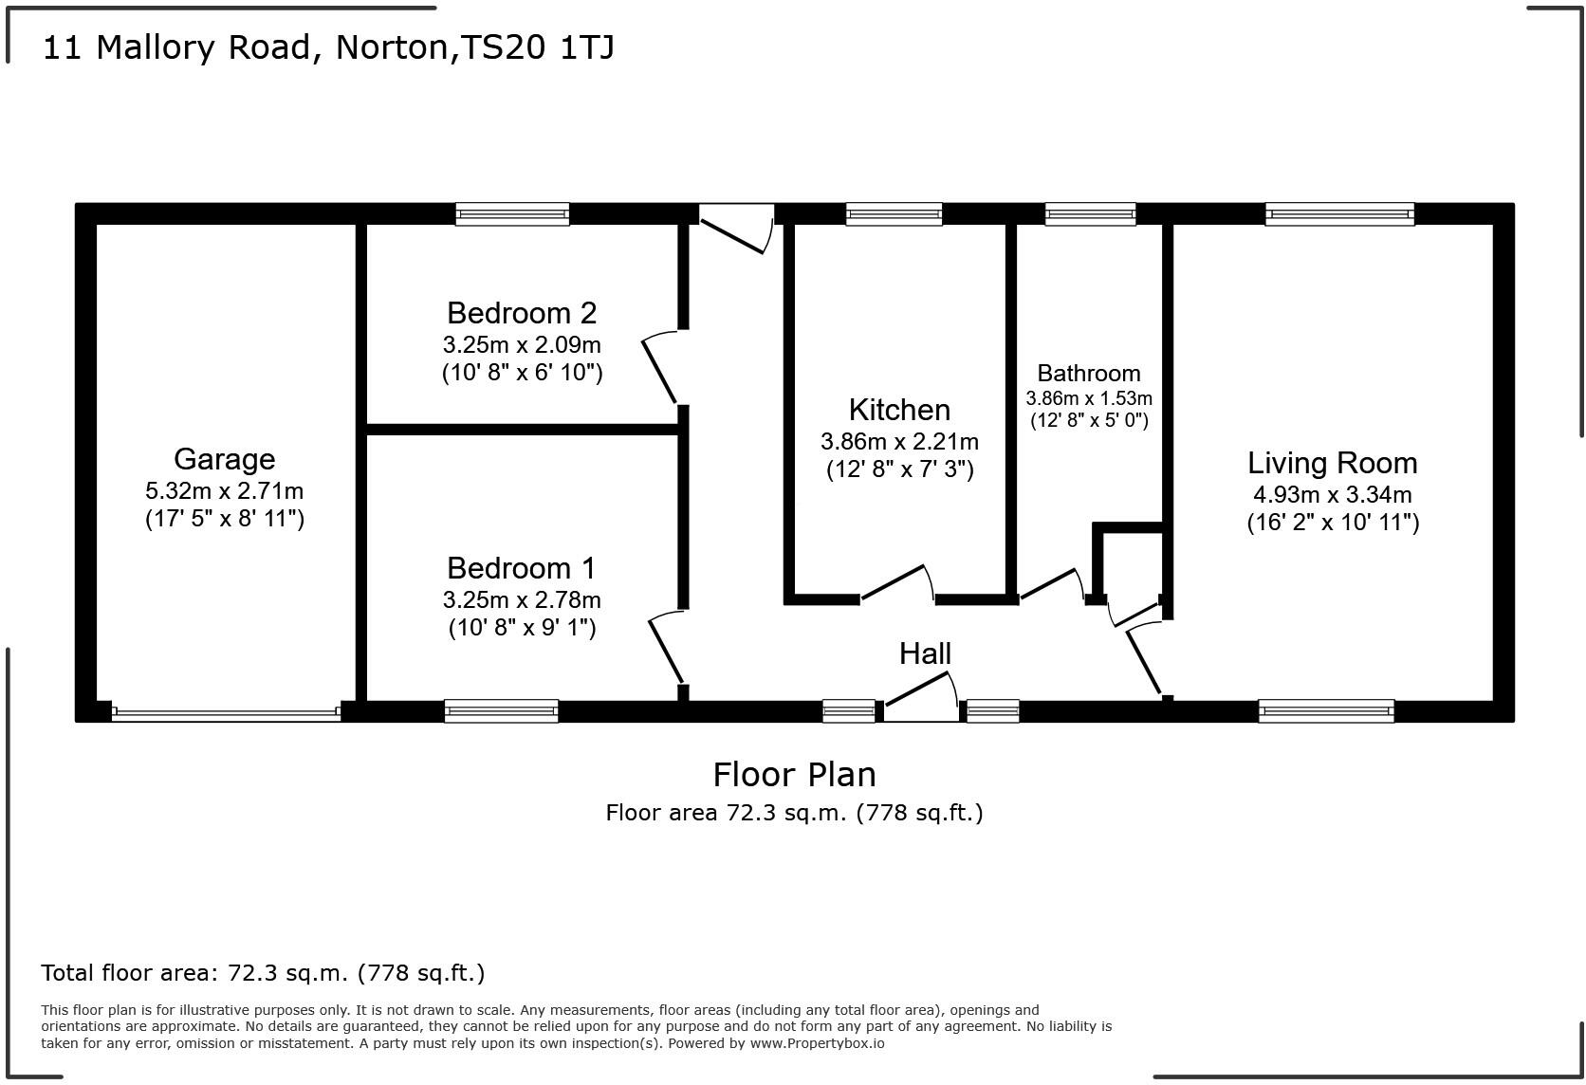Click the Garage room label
pos(224,459)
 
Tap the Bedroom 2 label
pos(522,313)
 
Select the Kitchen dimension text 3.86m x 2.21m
pos(899,442)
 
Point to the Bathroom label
pos(1088,373)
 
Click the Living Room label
pos(1332,463)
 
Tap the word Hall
pos(925,653)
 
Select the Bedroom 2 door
pos(660,368)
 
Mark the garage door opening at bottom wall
pos(226,712)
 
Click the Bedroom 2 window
pos(512,213)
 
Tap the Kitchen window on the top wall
pos(894,213)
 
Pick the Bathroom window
pos(1090,213)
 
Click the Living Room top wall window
pos(1339,213)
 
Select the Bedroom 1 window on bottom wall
pos(501,711)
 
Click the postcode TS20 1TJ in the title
pos(537,47)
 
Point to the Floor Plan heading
pos(794,774)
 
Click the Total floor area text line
pos(263,972)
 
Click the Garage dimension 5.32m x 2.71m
pos(224,491)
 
